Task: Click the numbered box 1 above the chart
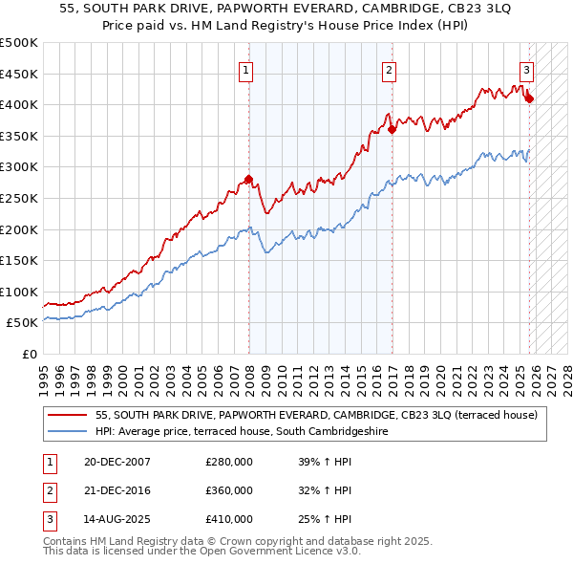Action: click(246, 69)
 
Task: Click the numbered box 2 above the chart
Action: click(390, 69)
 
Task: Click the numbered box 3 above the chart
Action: click(526, 69)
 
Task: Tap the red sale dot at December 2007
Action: click(248, 179)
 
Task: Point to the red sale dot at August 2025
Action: click(530, 98)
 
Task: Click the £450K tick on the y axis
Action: click(19, 74)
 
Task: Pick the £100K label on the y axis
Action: click(19, 292)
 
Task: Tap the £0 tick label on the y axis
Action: click(30, 354)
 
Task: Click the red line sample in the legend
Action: click(67, 415)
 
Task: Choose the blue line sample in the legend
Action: click(67, 431)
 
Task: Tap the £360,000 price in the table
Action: click(229, 490)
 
